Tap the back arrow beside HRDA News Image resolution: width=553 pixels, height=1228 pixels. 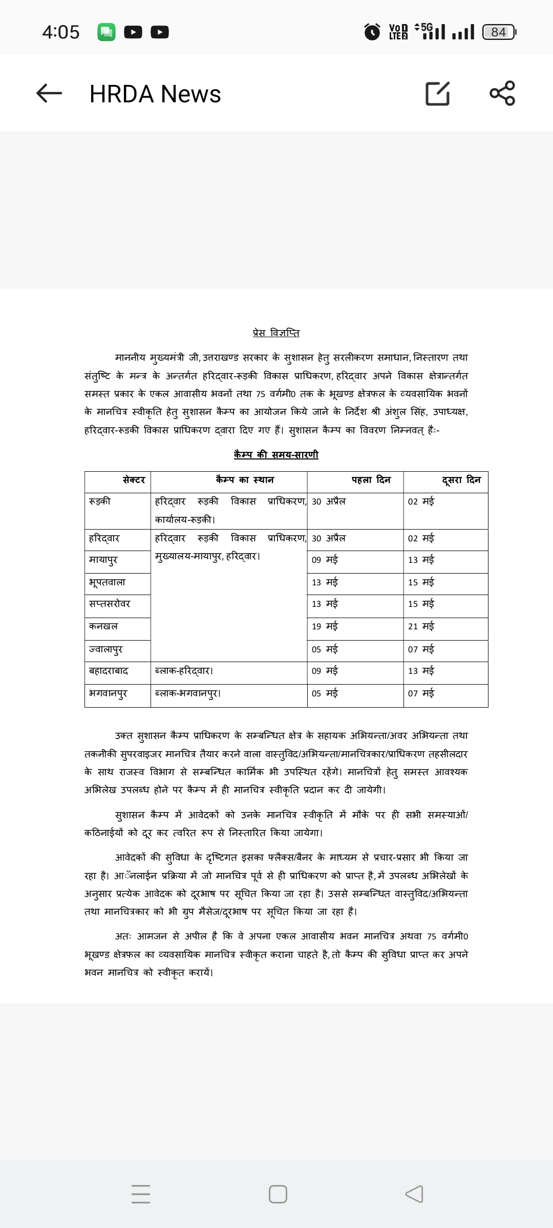click(x=49, y=93)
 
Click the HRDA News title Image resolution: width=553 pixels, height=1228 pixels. click(x=155, y=94)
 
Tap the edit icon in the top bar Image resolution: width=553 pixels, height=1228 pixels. click(x=438, y=93)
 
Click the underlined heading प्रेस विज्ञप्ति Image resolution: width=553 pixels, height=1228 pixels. click(x=276, y=333)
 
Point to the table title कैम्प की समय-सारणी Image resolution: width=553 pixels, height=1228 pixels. click(x=276, y=454)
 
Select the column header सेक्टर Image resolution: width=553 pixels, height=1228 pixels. click(x=134, y=480)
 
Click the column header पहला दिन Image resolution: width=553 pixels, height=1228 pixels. click(x=371, y=480)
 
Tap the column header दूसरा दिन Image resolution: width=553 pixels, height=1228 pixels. click(x=461, y=480)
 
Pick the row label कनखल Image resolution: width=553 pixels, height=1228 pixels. click(x=103, y=626)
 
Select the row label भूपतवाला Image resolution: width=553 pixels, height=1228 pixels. click(x=107, y=582)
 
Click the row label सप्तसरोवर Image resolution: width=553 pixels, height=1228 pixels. click(x=110, y=604)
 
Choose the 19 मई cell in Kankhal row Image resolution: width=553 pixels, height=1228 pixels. click(x=325, y=626)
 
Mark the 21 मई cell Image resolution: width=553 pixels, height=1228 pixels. click(x=421, y=626)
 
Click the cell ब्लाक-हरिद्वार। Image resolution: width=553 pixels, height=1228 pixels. click(x=184, y=671)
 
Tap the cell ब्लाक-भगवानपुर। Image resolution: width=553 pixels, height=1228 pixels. click(x=188, y=693)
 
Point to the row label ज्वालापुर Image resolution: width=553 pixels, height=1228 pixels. click(x=106, y=649)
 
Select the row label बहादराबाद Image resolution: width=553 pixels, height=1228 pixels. click(x=109, y=671)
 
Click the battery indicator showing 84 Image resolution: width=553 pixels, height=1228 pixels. click(x=499, y=32)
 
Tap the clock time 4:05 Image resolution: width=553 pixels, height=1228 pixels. click(x=61, y=32)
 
